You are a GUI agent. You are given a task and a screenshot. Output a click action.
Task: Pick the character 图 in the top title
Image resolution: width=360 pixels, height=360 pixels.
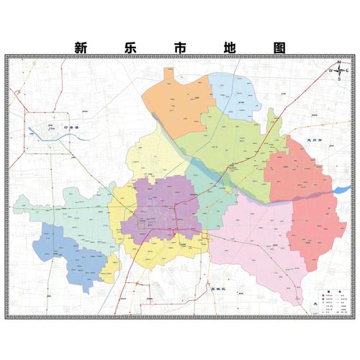[279, 47]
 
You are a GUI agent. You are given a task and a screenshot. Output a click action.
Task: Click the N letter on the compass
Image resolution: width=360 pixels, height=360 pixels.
[338, 62]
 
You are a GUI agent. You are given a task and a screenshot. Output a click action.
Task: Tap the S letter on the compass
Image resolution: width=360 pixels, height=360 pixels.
[338, 80]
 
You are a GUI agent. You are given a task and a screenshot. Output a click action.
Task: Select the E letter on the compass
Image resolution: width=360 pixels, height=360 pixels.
[347, 71]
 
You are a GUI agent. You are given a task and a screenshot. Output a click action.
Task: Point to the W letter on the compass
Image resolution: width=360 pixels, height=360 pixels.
[330, 71]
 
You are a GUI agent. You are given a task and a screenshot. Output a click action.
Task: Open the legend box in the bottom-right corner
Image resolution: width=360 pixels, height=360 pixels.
[333, 299]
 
